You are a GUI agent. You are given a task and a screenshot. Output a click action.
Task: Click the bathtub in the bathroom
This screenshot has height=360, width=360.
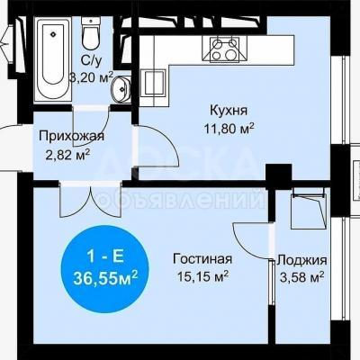click(53, 58)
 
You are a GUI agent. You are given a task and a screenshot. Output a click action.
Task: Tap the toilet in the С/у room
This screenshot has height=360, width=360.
click(91, 33)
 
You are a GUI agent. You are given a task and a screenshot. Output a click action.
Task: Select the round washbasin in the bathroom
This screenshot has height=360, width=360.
click(121, 89)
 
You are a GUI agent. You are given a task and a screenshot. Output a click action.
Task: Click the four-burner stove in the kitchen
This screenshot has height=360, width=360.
click(225, 49)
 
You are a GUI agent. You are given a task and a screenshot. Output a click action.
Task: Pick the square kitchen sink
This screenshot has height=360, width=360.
click(153, 84)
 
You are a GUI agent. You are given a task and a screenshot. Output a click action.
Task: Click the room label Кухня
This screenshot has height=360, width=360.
click(229, 111)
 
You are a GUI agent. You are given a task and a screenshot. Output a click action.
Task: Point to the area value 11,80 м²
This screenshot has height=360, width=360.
click(229, 129)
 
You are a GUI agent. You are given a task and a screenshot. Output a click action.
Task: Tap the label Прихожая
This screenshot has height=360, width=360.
click(71, 136)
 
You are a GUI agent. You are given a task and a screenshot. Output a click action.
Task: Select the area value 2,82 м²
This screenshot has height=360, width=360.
click(67, 155)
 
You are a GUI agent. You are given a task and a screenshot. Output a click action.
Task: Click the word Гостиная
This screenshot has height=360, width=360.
click(202, 259)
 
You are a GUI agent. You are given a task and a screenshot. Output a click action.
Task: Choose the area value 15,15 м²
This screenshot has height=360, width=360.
click(203, 276)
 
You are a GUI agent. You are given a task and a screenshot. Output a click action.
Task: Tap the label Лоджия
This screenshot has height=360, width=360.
click(301, 260)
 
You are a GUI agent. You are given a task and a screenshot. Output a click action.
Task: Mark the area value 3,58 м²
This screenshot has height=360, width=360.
click(301, 277)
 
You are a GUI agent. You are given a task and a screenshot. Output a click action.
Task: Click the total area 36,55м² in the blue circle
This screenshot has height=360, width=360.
click(105, 278)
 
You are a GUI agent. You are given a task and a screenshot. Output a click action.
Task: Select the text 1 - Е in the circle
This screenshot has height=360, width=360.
click(105, 257)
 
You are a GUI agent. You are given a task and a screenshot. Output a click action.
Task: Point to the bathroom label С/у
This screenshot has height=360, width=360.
click(92, 60)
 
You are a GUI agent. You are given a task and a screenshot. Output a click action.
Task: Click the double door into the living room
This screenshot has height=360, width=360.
click(90, 200)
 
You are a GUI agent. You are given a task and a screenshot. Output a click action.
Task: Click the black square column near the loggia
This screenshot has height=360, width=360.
click(279, 173)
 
